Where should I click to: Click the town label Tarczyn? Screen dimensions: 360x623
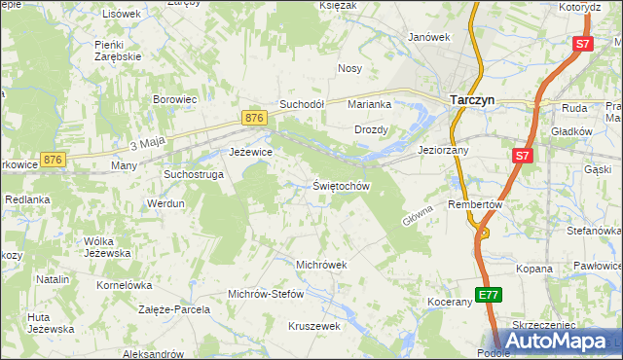[x=474, y=99]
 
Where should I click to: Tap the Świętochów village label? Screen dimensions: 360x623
[x=342, y=185]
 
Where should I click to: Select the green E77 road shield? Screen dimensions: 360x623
[x=489, y=294]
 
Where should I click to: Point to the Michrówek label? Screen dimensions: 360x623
[x=321, y=265]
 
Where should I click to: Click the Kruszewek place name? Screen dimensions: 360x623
[x=312, y=326]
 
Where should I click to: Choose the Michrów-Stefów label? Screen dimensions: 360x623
[x=266, y=294]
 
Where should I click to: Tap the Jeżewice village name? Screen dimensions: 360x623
[x=250, y=152]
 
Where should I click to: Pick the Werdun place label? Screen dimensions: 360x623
[x=165, y=204]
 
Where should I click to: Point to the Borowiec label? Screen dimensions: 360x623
[x=175, y=99]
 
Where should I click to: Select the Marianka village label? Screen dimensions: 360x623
[x=370, y=104]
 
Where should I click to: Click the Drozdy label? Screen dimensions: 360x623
[x=371, y=129]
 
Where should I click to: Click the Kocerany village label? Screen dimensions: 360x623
[x=449, y=303]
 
